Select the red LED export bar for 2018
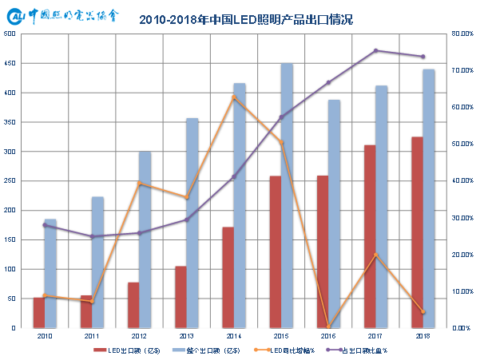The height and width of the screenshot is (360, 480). pyautogui.click(x=417, y=232)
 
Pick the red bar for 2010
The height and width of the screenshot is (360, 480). pyautogui.click(x=38, y=312)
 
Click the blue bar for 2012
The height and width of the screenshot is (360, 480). pyautogui.click(x=145, y=239)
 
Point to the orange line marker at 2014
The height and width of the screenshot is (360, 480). pyautogui.click(x=233, y=97)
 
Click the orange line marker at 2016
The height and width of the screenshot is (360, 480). pyautogui.click(x=328, y=326)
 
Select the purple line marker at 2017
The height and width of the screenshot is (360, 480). pyautogui.click(x=375, y=51)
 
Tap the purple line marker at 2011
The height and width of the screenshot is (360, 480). pyautogui.click(x=92, y=236)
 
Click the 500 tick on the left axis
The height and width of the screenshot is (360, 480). pyautogui.click(x=10, y=34)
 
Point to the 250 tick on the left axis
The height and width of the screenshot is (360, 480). pyautogui.click(x=10, y=181)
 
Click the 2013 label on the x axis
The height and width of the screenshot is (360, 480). pyautogui.click(x=186, y=337)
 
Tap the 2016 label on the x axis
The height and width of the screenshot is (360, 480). pyautogui.click(x=328, y=337)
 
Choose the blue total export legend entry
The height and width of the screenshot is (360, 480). pyautogui.click(x=209, y=350)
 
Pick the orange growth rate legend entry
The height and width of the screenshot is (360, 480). pyautogui.click(x=291, y=350)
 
